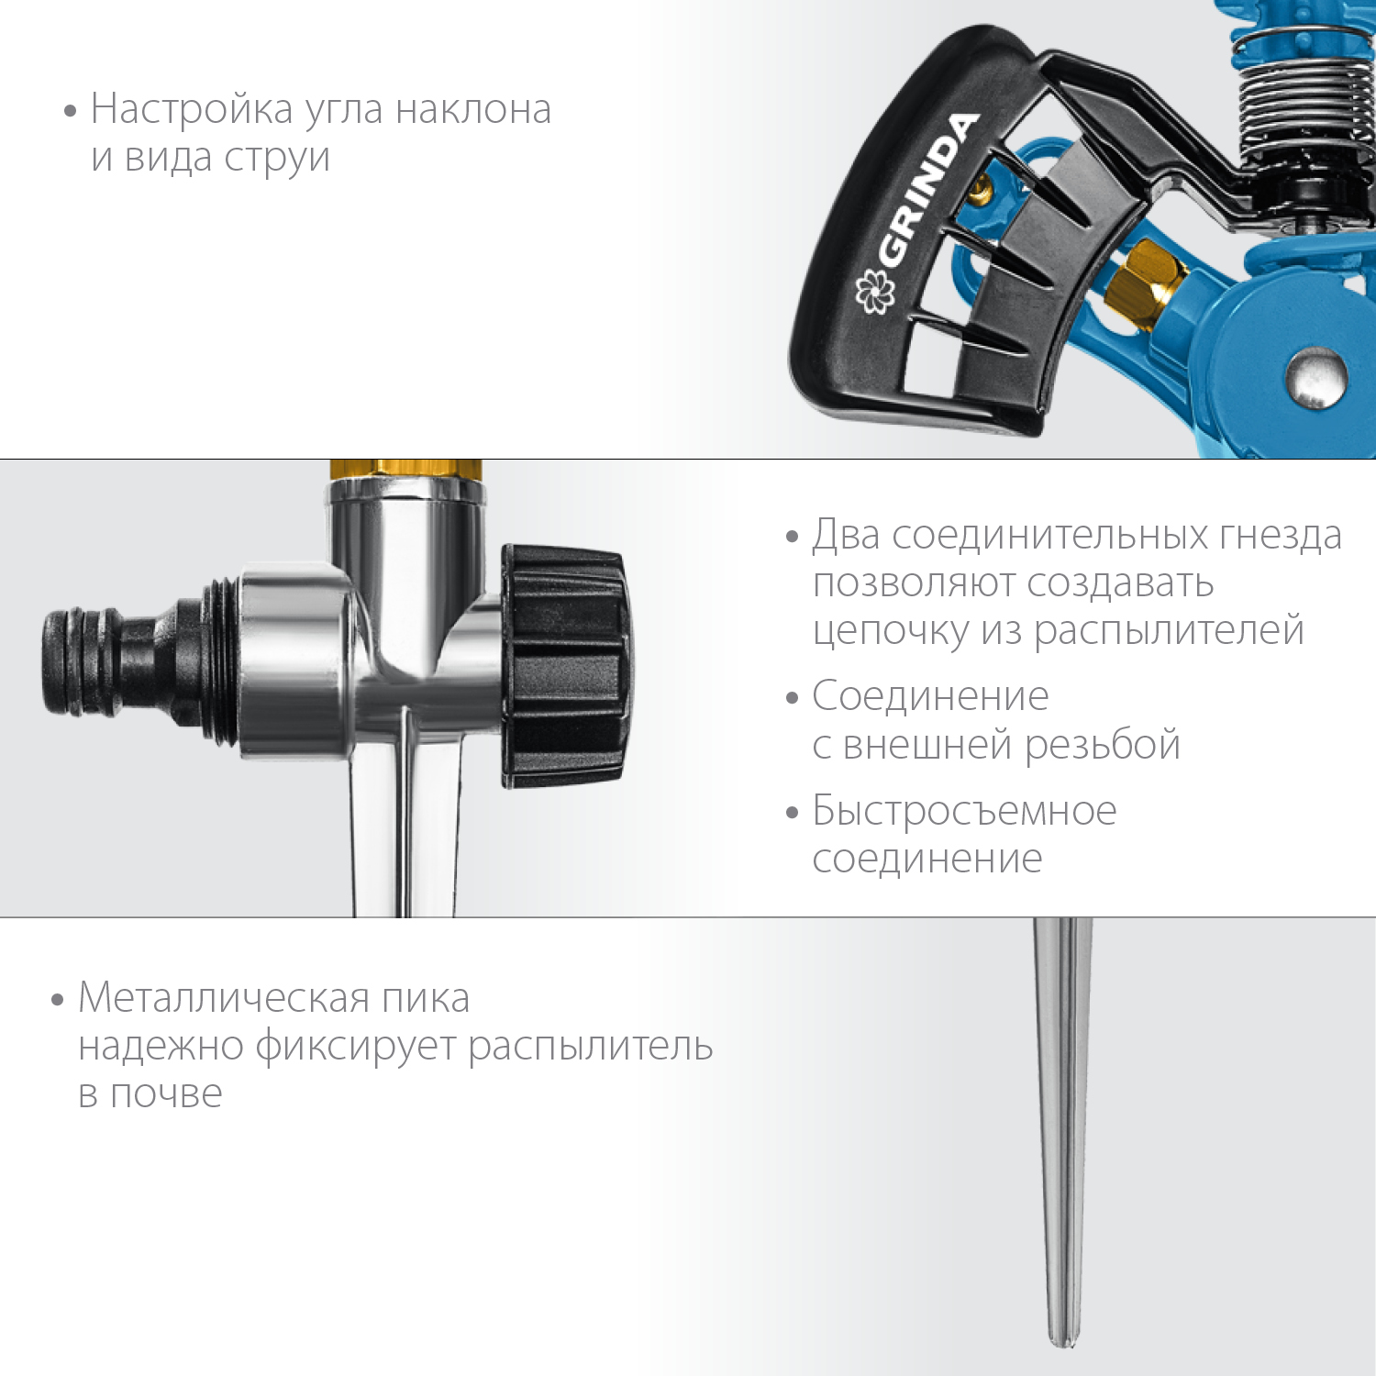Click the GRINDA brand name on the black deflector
point(927,191)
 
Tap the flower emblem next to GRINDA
point(872,293)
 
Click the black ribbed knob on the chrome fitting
point(565,666)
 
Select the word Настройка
point(192,109)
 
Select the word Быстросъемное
point(964,811)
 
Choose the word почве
point(166,1093)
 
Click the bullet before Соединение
point(793,698)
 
